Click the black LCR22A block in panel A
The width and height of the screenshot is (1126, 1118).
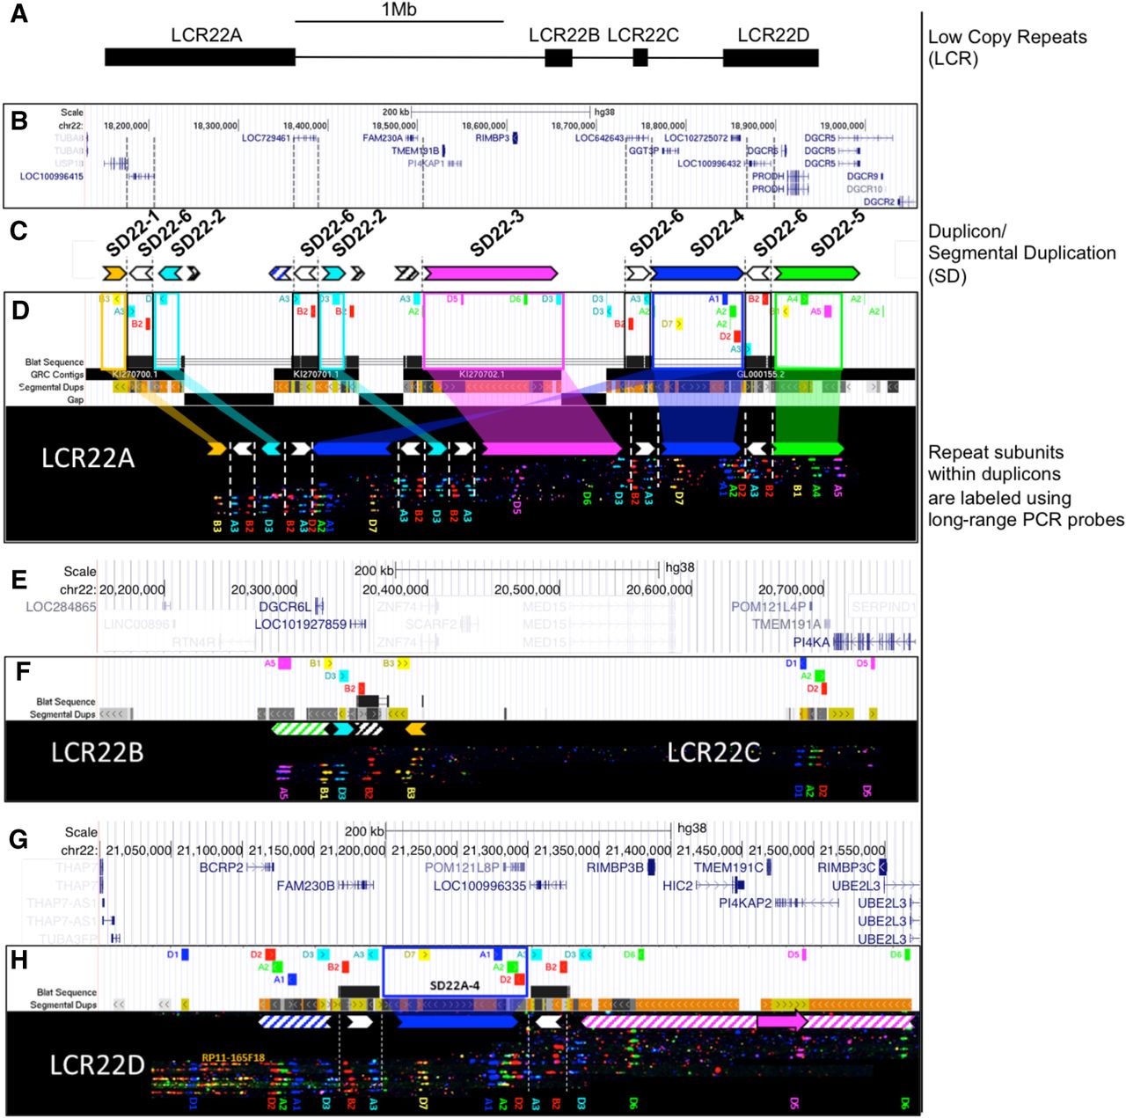coord(200,57)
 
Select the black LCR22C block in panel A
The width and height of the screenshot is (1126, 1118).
coord(640,57)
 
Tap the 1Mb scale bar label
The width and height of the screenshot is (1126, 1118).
coord(398,10)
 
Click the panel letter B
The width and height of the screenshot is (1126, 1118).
coord(19,121)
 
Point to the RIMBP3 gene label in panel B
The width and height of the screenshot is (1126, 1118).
coord(492,138)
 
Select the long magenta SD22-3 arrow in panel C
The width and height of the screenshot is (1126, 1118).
coord(489,273)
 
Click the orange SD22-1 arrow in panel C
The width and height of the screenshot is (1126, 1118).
coord(114,273)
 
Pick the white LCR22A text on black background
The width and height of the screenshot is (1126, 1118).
coord(88,457)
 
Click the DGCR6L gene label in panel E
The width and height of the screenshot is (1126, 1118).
coord(285,606)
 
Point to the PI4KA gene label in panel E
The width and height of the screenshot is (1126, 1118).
coord(811,642)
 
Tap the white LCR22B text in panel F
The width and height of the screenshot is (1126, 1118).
coord(97,753)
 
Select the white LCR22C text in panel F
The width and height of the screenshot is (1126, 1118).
coord(713,753)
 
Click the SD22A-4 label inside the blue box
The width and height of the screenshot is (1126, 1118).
coord(454,986)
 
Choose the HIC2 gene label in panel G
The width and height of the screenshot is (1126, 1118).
coord(677,886)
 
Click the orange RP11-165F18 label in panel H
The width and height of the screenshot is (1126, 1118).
coord(233,1058)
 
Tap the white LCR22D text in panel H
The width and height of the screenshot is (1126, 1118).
coord(97,1065)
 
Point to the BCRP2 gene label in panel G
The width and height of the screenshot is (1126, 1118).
coord(221,867)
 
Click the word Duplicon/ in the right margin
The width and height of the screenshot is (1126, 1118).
coord(967,231)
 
